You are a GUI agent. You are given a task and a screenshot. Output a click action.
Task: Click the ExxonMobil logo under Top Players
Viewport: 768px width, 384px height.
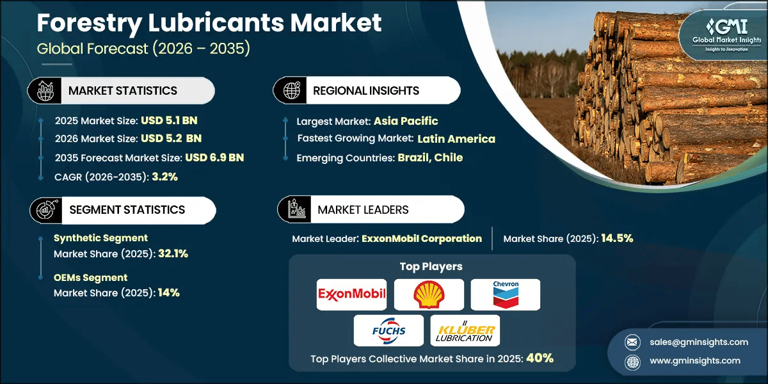[352, 294]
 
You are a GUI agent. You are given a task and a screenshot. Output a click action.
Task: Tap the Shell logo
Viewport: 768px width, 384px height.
[428, 294]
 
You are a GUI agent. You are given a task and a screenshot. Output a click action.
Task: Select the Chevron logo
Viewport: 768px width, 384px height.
[506, 294]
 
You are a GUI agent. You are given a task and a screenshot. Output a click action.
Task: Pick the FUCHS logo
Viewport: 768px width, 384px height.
[388, 331]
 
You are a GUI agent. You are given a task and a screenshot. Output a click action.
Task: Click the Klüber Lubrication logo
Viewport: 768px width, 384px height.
[465, 331]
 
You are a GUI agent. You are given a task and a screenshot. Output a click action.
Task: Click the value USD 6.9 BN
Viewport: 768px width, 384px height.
[214, 157]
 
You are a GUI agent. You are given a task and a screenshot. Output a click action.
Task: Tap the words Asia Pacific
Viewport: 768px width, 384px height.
[406, 121]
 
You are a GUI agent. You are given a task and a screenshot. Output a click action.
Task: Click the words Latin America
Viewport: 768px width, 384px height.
[456, 139]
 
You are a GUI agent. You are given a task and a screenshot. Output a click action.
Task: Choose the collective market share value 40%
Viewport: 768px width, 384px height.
[540, 358]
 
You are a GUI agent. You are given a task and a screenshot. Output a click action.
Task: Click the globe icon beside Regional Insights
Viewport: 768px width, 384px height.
[292, 91]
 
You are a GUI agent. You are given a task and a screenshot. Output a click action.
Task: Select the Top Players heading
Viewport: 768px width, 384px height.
[431, 266]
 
